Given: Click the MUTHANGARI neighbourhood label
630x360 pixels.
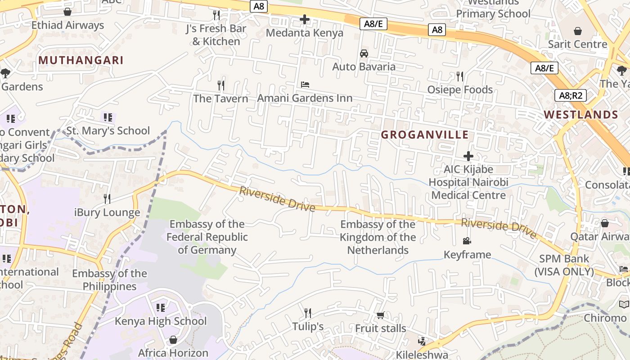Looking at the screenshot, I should [81, 60].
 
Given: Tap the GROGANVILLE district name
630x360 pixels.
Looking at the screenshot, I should [425, 135].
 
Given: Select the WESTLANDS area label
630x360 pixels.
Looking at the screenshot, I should [581, 114].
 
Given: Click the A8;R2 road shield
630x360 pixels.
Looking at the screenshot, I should [570, 95].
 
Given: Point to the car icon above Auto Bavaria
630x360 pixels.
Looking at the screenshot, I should [364, 54].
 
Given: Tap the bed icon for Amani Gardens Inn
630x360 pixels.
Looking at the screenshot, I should [305, 85].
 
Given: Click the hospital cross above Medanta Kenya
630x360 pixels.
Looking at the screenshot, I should [305, 19].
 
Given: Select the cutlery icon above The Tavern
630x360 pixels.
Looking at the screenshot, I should [220, 85].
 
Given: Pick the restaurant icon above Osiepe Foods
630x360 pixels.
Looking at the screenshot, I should [459, 76].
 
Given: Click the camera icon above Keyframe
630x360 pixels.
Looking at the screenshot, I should [467, 241].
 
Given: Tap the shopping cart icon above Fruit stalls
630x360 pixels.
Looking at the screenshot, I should [380, 315].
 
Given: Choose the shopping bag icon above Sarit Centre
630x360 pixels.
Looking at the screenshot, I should [578, 31].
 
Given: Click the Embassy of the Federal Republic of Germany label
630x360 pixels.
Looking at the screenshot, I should [207, 237].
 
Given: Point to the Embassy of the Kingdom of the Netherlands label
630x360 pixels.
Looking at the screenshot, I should [378, 237].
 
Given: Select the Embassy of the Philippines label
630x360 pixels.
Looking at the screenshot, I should [109, 279].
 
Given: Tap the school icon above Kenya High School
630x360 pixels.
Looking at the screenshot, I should [161, 308].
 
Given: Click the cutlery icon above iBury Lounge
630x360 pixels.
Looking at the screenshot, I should [107, 198].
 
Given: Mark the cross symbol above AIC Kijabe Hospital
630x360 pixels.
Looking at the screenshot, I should [468, 156].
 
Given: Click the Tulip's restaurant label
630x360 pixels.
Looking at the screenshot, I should [308, 326].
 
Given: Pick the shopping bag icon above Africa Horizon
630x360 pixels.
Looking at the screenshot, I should [173, 340].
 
